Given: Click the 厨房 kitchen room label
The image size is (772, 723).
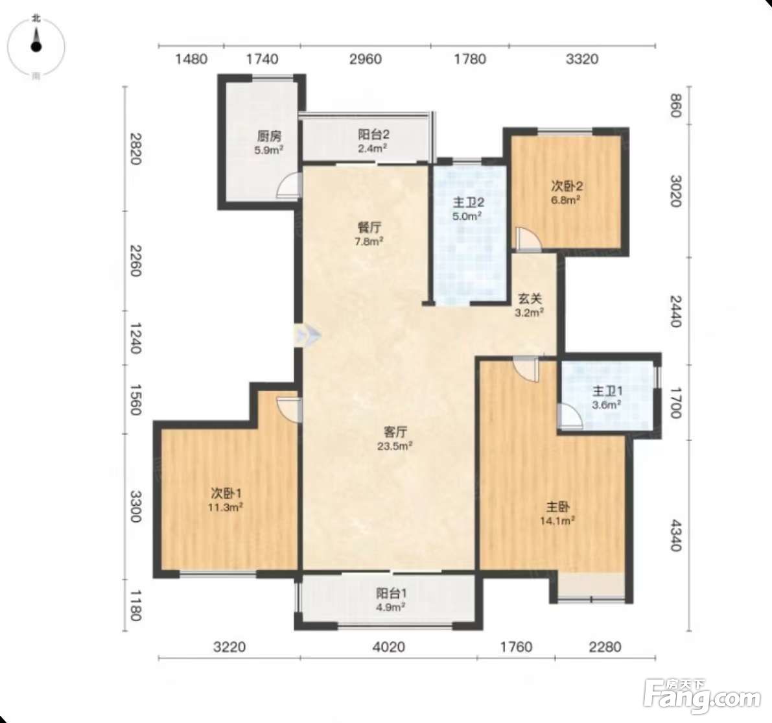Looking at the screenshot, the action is pos(269,136).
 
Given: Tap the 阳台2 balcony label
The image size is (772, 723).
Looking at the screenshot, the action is pos(373,134).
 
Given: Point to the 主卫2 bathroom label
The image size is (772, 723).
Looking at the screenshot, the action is pos(468,202).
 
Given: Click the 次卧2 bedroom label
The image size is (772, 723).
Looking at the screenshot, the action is pos(567,186).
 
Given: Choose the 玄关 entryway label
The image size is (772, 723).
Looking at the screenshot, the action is pos(530,298).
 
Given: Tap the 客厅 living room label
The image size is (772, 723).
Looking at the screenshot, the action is pos(395,432).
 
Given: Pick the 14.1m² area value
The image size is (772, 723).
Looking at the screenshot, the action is pos(558,520).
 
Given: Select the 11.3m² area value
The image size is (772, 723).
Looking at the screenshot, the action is pos(225,507).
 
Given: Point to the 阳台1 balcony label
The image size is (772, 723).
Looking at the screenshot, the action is pos(392,593).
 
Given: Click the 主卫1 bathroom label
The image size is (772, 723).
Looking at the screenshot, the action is pos(607,391).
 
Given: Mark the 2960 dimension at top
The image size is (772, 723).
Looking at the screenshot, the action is pos(366,59).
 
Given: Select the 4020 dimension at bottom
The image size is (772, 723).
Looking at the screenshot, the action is pos(389,646).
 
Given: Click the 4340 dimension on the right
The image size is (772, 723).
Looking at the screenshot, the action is pos(675,536).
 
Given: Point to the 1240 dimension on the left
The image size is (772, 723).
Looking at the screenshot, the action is pos(134,339).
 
